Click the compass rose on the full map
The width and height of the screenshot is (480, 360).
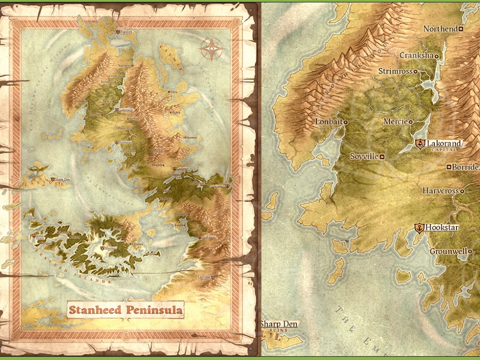click(x=211, y=48)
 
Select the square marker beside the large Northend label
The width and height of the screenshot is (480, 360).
click(x=460, y=29)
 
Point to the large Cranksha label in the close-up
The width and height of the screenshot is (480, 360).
click(x=416, y=56)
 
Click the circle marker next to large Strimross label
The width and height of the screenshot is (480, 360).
click(x=415, y=72)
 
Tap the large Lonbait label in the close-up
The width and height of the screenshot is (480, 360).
click(x=328, y=122)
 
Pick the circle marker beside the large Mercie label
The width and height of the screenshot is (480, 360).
click(x=411, y=122)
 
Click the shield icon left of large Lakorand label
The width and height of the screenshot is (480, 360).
click(x=420, y=144)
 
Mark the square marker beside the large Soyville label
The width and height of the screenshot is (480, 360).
click(x=382, y=156)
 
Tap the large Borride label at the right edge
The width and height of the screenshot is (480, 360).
click(x=466, y=167)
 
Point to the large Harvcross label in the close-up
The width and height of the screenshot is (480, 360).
click(x=440, y=191)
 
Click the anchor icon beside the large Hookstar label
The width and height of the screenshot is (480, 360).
click(x=419, y=228)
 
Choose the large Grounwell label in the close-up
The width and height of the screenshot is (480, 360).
click(x=448, y=251)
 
